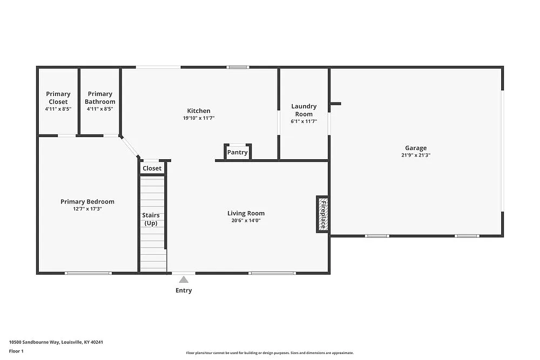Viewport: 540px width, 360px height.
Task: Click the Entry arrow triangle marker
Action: pyautogui.click(x=184, y=280)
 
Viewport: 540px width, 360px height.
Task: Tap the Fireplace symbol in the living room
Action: pyautogui.click(x=322, y=214)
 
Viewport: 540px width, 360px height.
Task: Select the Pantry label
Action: pyautogui.click(x=237, y=152)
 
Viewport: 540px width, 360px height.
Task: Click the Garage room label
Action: pyautogui.click(x=416, y=148)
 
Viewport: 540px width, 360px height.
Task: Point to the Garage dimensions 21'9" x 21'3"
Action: pyautogui.click(x=416, y=155)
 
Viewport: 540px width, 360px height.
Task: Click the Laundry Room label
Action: pyautogui.click(x=304, y=110)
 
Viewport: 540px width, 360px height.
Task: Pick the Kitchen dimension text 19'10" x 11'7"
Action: pyautogui.click(x=199, y=118)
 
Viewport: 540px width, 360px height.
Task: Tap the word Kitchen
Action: pyautogui.click(x=199, y=111)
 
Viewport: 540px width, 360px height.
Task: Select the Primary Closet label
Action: pyautogui.click(x=58, y=98)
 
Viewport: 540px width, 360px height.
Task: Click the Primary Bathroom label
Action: pyautogui.click(x=100, y=98)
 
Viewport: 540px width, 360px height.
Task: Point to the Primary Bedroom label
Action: pyautogui.click(x=87, y=201)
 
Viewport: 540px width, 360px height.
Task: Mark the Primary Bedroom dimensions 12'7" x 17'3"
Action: pyautogui.click(x=87, y=208)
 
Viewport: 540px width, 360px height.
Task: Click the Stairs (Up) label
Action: pyautogui.click(x=151, y=219)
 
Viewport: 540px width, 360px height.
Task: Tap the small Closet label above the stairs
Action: pyautogui.click(x=152, y=168)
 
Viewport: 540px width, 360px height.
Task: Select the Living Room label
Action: pyautogui.click(x=246, y=213)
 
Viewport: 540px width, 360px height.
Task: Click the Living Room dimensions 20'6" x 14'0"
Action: pyautogui.click(x=246, y=220)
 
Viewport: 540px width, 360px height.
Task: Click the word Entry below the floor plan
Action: pyautogui.click(x=184, y=290)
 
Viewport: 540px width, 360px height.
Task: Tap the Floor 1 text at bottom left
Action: pyautogui.click(x=17, y=351)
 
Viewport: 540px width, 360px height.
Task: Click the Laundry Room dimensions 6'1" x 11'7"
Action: pyautogui.click(x=304, y=121)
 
